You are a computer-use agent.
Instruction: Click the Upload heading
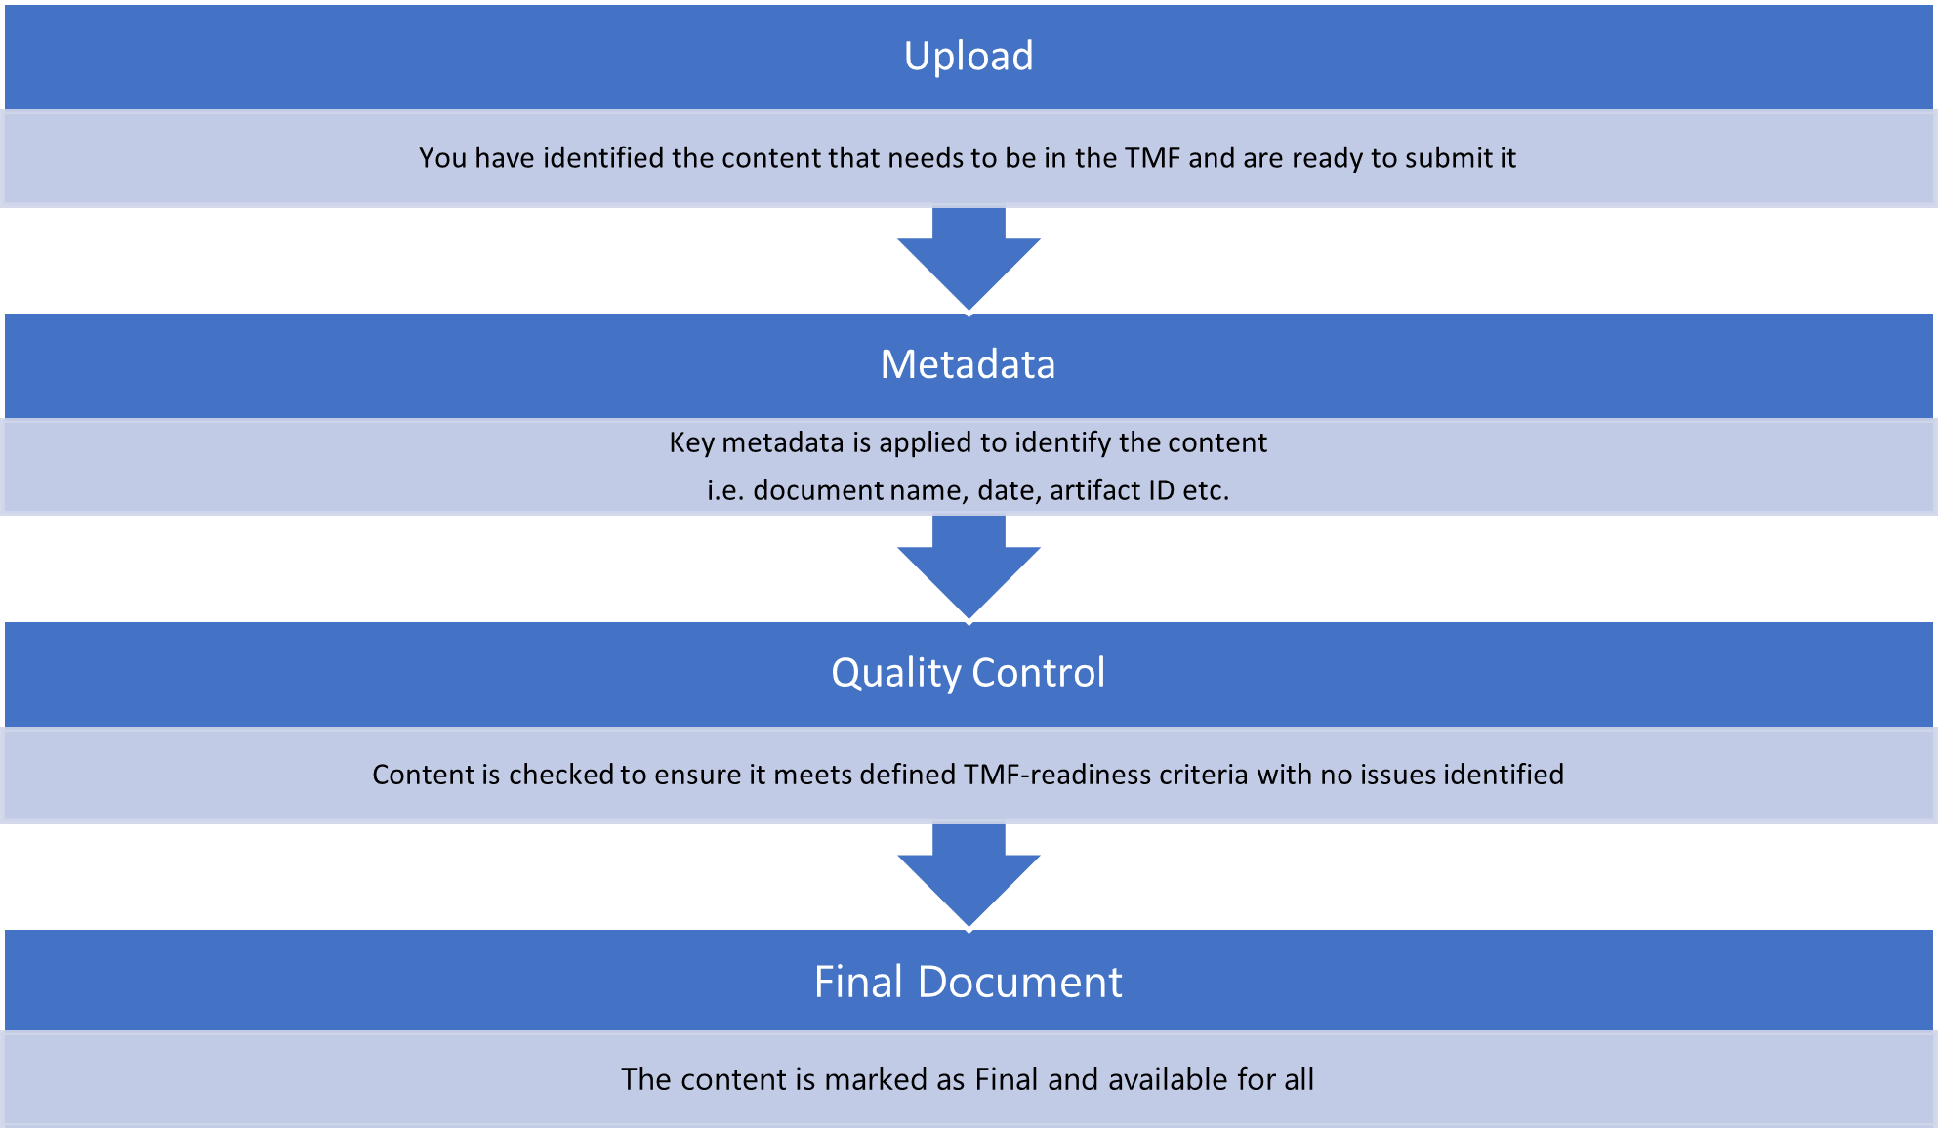(968, 57)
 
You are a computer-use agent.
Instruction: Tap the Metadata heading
(968, 364)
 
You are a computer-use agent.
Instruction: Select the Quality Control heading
(968, 673)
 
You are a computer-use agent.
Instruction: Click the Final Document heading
(968, 982)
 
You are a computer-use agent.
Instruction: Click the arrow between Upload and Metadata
(968, 259)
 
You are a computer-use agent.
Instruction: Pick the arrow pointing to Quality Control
(968, 567)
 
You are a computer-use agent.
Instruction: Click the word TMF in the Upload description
(1152, 158)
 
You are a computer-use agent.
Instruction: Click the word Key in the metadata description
(691, 442)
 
